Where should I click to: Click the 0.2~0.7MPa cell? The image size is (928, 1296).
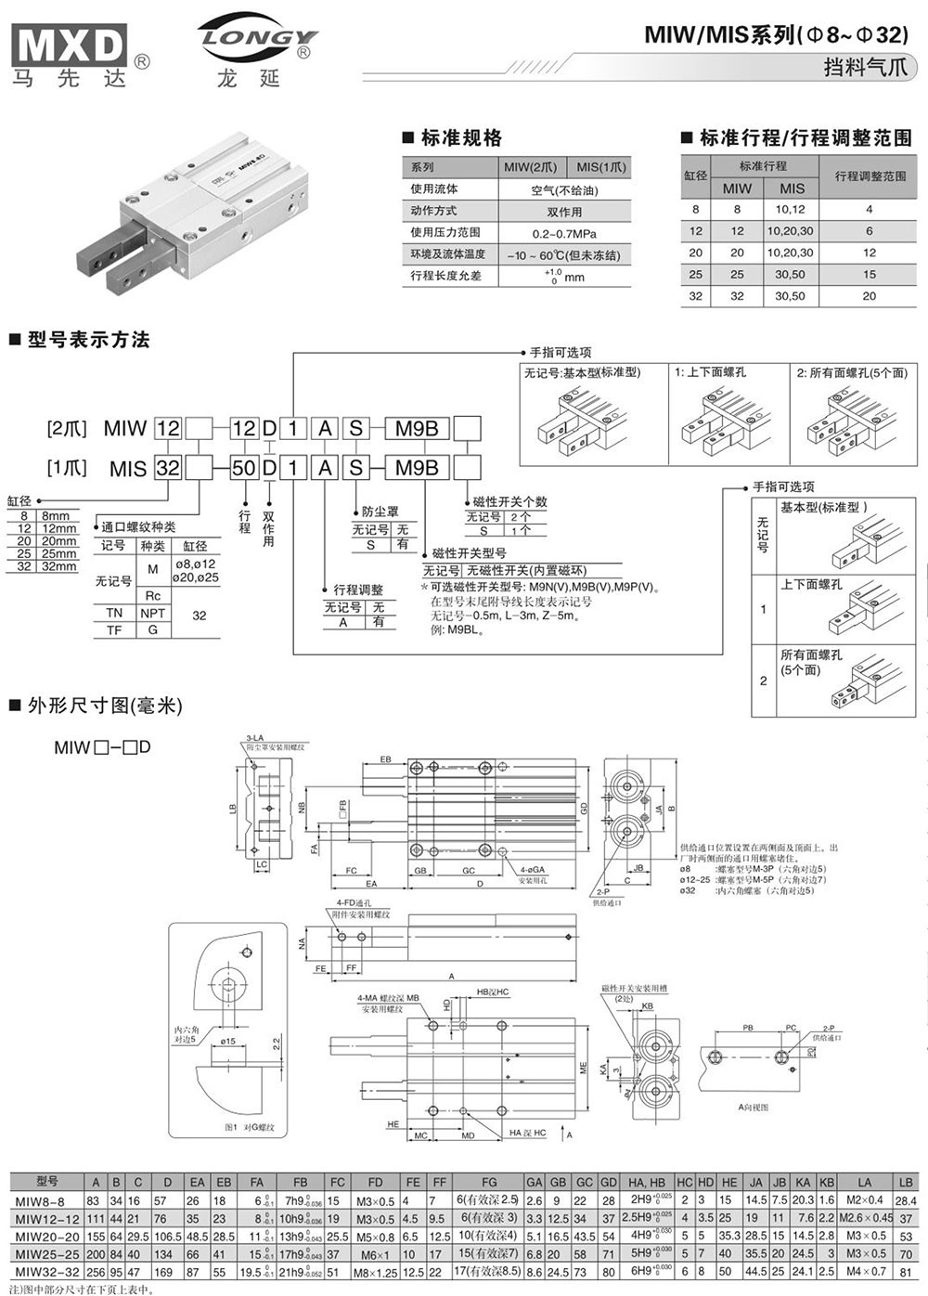[564, 233]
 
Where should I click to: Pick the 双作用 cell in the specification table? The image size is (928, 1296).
[564, 212]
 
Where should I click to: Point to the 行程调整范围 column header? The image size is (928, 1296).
[870, 176]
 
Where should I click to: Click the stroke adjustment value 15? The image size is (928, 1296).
[870, 275]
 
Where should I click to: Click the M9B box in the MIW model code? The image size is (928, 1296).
[417, 428]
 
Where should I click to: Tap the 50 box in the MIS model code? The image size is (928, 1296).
[243, 468]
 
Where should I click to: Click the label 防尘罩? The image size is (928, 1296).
[380, 512]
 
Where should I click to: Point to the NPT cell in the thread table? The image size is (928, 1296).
[153, 614]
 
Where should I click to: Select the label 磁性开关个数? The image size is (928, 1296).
[509, 501]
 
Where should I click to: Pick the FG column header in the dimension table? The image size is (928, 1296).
[489, 1182]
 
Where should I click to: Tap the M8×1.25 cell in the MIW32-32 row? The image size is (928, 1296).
[375, 1272]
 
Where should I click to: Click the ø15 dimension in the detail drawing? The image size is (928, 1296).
[226, 1041]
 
